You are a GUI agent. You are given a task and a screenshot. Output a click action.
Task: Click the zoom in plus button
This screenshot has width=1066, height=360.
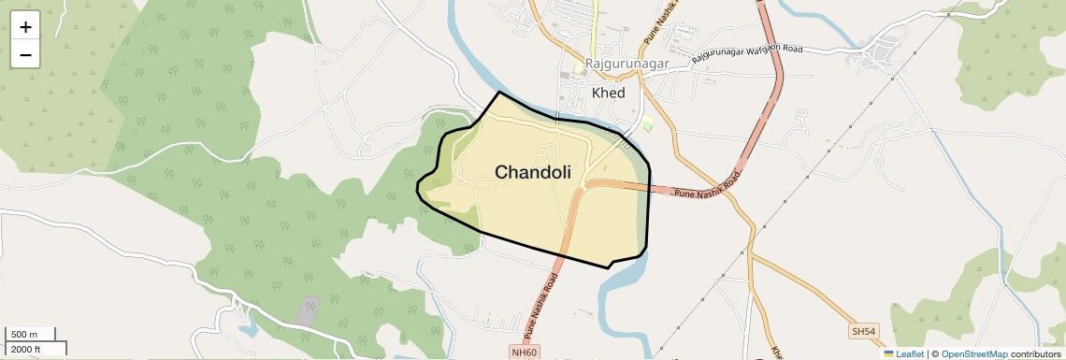(25, 28)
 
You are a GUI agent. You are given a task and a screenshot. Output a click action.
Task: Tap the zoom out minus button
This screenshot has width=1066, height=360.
(25, 55)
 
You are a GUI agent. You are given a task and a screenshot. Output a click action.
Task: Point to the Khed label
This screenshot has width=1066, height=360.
(609, 93)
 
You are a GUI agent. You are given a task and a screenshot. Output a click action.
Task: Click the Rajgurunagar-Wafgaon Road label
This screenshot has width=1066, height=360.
(748, 54)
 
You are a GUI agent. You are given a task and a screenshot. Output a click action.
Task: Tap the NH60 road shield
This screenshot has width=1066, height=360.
(526, 352)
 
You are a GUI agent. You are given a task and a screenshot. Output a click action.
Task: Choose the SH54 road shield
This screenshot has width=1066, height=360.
(864, 331)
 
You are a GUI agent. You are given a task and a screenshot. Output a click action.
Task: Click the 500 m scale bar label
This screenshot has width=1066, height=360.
(23, 335)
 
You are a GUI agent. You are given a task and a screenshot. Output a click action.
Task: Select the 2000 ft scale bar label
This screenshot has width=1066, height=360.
(25, 349)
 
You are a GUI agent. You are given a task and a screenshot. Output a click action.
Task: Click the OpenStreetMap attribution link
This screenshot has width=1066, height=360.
(973, 353)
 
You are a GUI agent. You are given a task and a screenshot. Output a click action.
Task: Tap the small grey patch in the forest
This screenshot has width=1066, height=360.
(307, 311)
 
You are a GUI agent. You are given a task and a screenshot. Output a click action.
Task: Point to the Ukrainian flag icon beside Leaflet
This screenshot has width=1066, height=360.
(889, 353)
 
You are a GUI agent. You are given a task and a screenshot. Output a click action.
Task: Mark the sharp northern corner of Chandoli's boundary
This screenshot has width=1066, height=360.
(499, 92)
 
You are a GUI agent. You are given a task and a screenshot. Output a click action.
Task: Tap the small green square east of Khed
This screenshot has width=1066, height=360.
(647, 125)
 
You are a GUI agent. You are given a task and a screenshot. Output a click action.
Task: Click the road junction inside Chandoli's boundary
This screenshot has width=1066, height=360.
(582, 186)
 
